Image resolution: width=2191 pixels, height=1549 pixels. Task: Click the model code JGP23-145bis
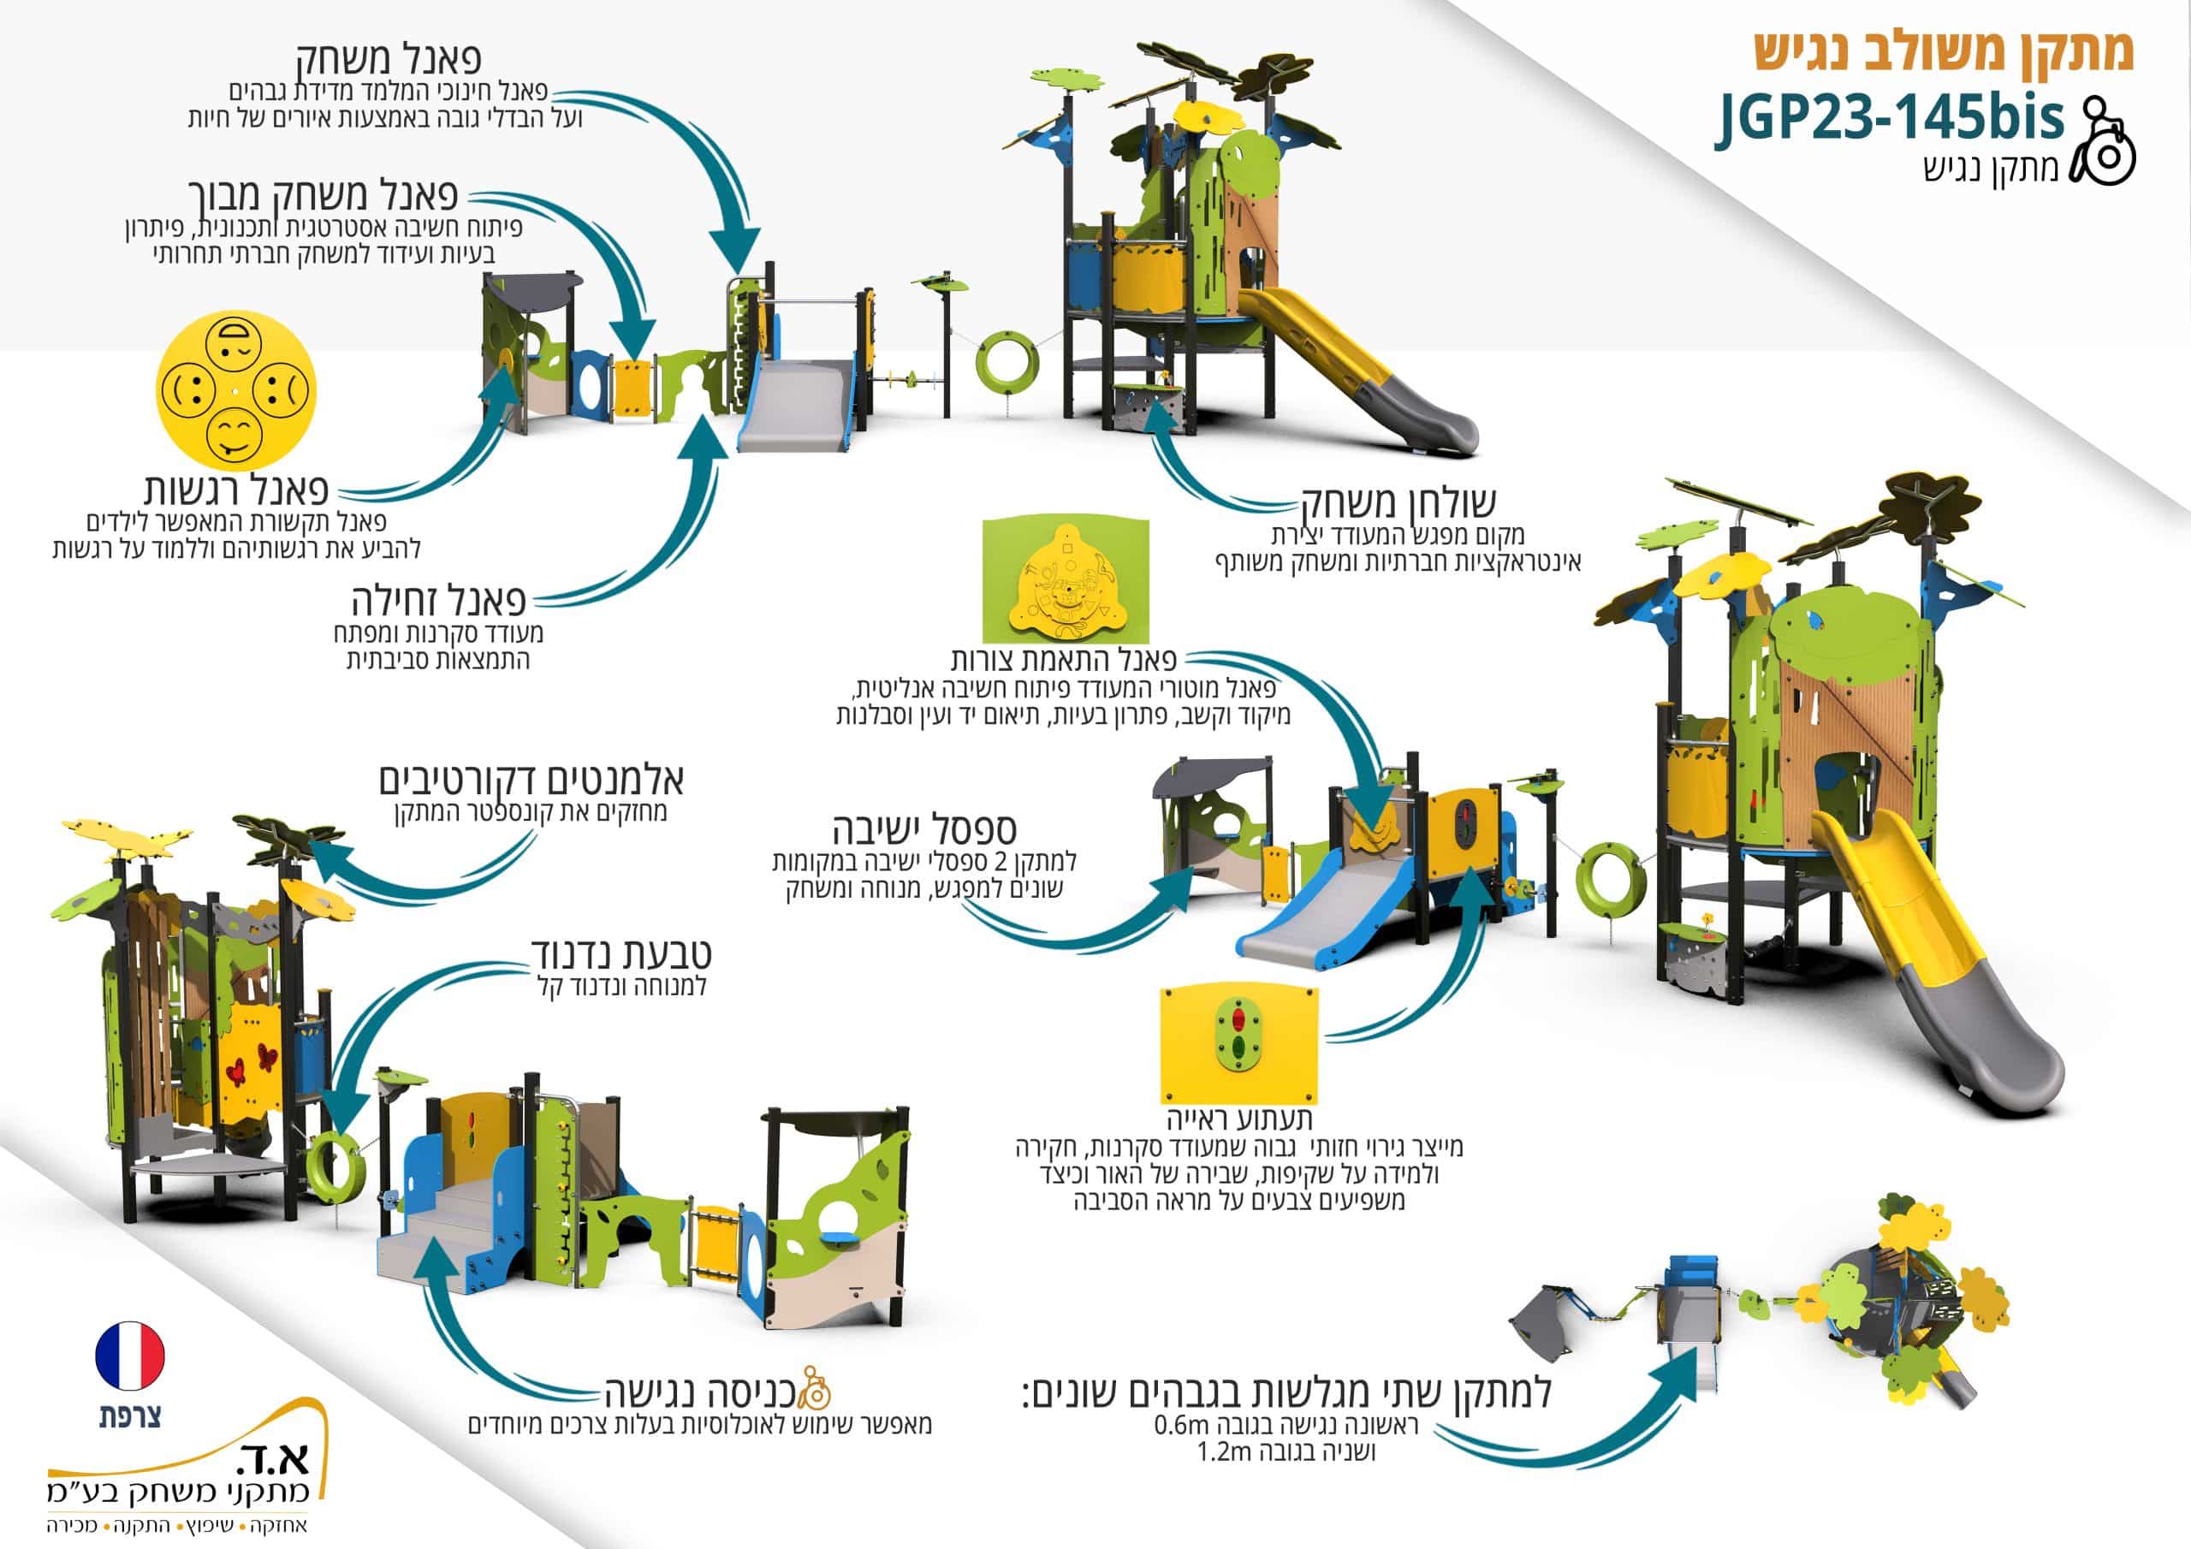1890,119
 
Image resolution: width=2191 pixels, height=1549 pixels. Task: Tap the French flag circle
130,1356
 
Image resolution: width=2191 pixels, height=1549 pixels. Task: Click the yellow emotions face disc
234,391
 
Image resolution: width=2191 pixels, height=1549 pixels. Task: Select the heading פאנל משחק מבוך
324,193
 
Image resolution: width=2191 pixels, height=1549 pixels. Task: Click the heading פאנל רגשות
237,490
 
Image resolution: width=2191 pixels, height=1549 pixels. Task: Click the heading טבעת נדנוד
621,953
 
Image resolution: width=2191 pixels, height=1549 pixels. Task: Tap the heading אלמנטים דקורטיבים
531,780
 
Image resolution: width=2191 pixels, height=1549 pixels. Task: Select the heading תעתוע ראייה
1239,1118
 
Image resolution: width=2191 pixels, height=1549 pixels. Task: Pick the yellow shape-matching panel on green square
1066,581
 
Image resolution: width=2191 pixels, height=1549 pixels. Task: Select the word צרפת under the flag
130,1416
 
